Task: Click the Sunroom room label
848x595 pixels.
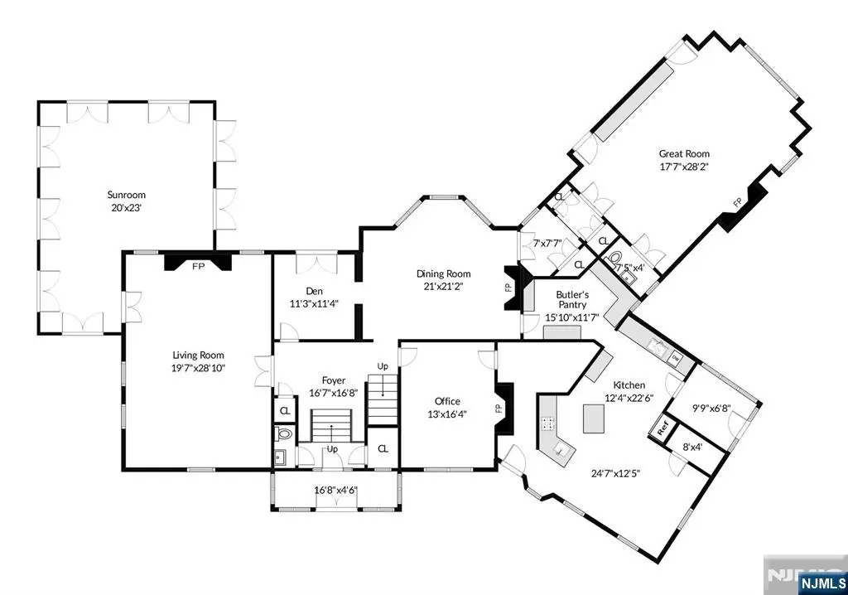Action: coord(126,195)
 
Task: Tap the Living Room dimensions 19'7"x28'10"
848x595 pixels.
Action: coord(199,368)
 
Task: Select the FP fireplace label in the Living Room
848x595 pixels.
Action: coord(199,266)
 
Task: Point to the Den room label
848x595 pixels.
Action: coord(314,291)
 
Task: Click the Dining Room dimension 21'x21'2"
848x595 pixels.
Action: coord(444,287)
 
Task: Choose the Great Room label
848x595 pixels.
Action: coord(684,154)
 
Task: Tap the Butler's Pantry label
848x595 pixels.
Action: coord(572,300)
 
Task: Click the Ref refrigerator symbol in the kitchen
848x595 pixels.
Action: coord(663,428)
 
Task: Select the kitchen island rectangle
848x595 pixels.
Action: coord(593,418)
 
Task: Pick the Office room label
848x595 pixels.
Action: coord(447,401)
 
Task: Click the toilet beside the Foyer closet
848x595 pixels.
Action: coord(284,433)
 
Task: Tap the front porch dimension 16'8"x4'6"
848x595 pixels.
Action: coord(336,490)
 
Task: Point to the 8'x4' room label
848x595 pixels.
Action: coord(691,447)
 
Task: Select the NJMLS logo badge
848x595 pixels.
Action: coord(821,583)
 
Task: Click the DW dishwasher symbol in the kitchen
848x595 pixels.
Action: coord(676,357)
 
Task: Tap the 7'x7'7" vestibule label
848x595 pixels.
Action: coord(547,244)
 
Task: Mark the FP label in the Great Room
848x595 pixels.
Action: coord(737,203)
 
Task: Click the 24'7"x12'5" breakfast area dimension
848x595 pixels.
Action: coord(615,474)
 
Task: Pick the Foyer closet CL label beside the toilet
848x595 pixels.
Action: coord(285,411)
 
